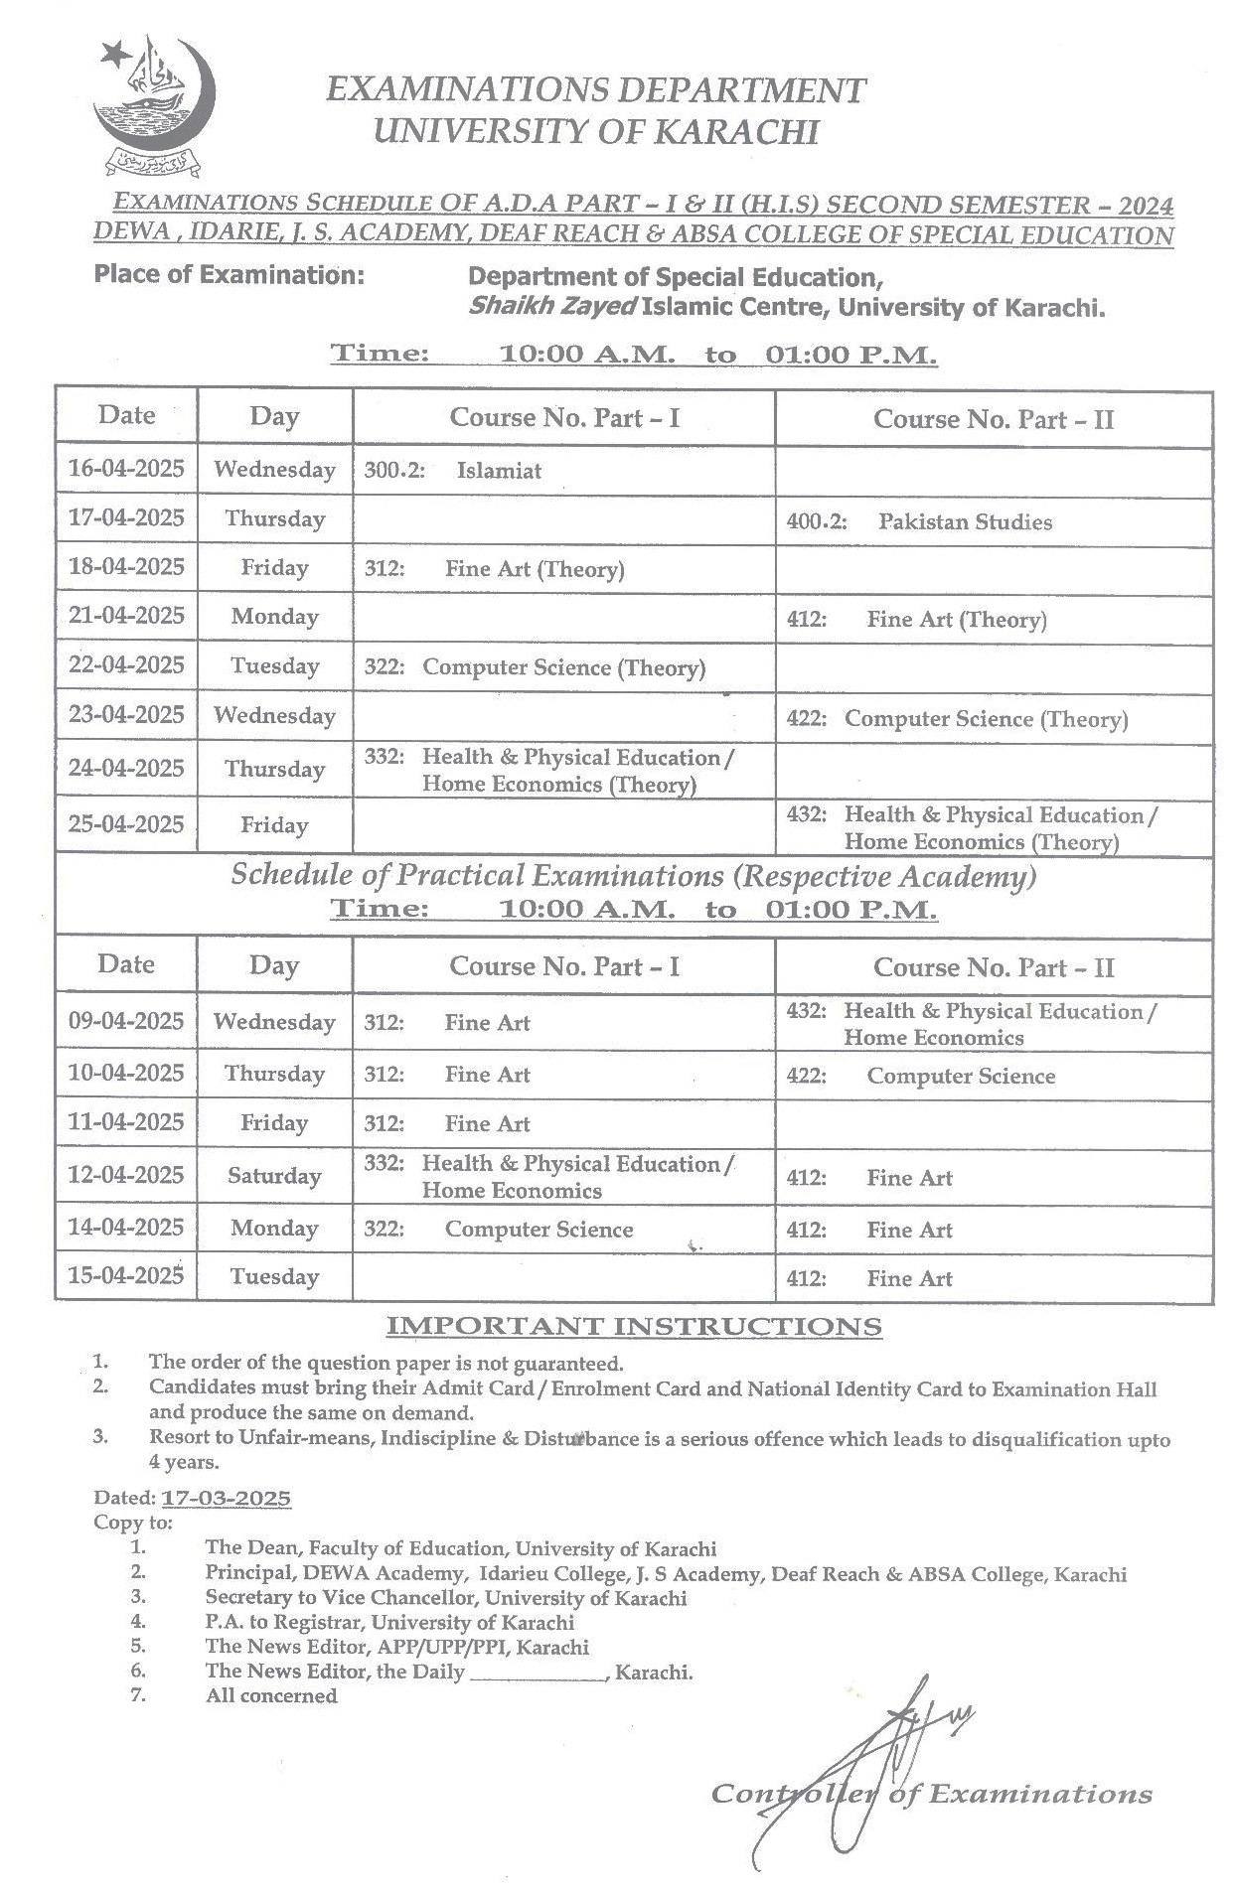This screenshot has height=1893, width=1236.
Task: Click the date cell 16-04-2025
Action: pyautogui.click(x=126, y=469)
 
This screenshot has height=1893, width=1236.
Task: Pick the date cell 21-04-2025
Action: pyautogui.click(x=126, y=616)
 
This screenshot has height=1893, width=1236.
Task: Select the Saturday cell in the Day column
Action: pyautogui.click(x=274, y=1176)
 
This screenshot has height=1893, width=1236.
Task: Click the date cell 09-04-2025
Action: pyautogui.click(x=126, y=1021)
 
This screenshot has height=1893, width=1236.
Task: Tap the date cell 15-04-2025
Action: pyautogui.click(x=126, y=1275)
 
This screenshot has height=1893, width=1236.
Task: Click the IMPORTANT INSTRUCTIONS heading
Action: pyautogui.click(x=633, y=1326)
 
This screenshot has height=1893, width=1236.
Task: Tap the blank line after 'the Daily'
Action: pyautogui.click(x=538, y=1673)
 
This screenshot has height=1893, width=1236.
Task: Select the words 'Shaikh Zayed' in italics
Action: pyautogui.click(x=551, y=307)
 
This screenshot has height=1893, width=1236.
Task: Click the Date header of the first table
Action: pyautogui.click(x=126, y=415)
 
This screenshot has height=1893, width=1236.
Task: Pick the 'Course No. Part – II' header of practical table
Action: pyautogui.click(x=993, y=967)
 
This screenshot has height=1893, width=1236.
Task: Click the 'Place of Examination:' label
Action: pyautogui.click(x=229, y=275)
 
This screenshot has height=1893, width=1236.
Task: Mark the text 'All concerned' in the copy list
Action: pyautogui.click(x=271, y=1696)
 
